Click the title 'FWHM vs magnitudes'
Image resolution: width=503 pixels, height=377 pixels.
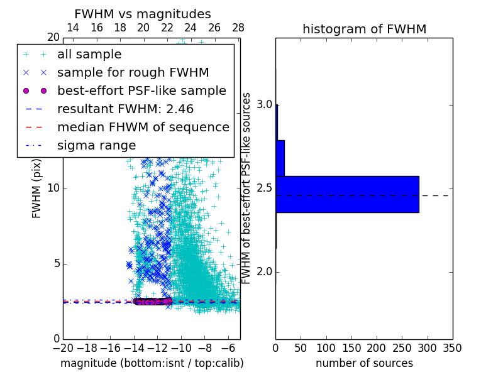(x=143, y=14)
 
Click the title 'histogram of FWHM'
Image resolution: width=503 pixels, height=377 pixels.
(x=364, y=29)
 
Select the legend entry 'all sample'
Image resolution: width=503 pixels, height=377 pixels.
(x=89, y=55)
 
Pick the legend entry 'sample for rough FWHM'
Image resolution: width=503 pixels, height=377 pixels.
(x=133, y=73)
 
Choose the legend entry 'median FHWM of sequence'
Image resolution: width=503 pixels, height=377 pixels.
(x=143, y=127)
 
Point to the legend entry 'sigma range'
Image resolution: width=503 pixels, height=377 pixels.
(x=96, y=145)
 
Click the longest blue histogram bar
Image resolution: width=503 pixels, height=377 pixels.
(x=347, y=194)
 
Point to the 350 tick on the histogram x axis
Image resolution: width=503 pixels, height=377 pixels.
(x=452, y=347)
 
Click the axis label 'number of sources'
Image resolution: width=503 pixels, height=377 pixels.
(x=364, y=363)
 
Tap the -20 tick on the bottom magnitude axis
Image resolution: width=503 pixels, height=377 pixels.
(x=63, y=347)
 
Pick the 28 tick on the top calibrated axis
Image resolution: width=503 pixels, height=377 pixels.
(x=238, y=28)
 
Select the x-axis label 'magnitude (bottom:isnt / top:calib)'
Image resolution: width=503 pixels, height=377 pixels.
(x=152, y=363)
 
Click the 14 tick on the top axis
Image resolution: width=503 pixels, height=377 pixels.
(x=73, y=28)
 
